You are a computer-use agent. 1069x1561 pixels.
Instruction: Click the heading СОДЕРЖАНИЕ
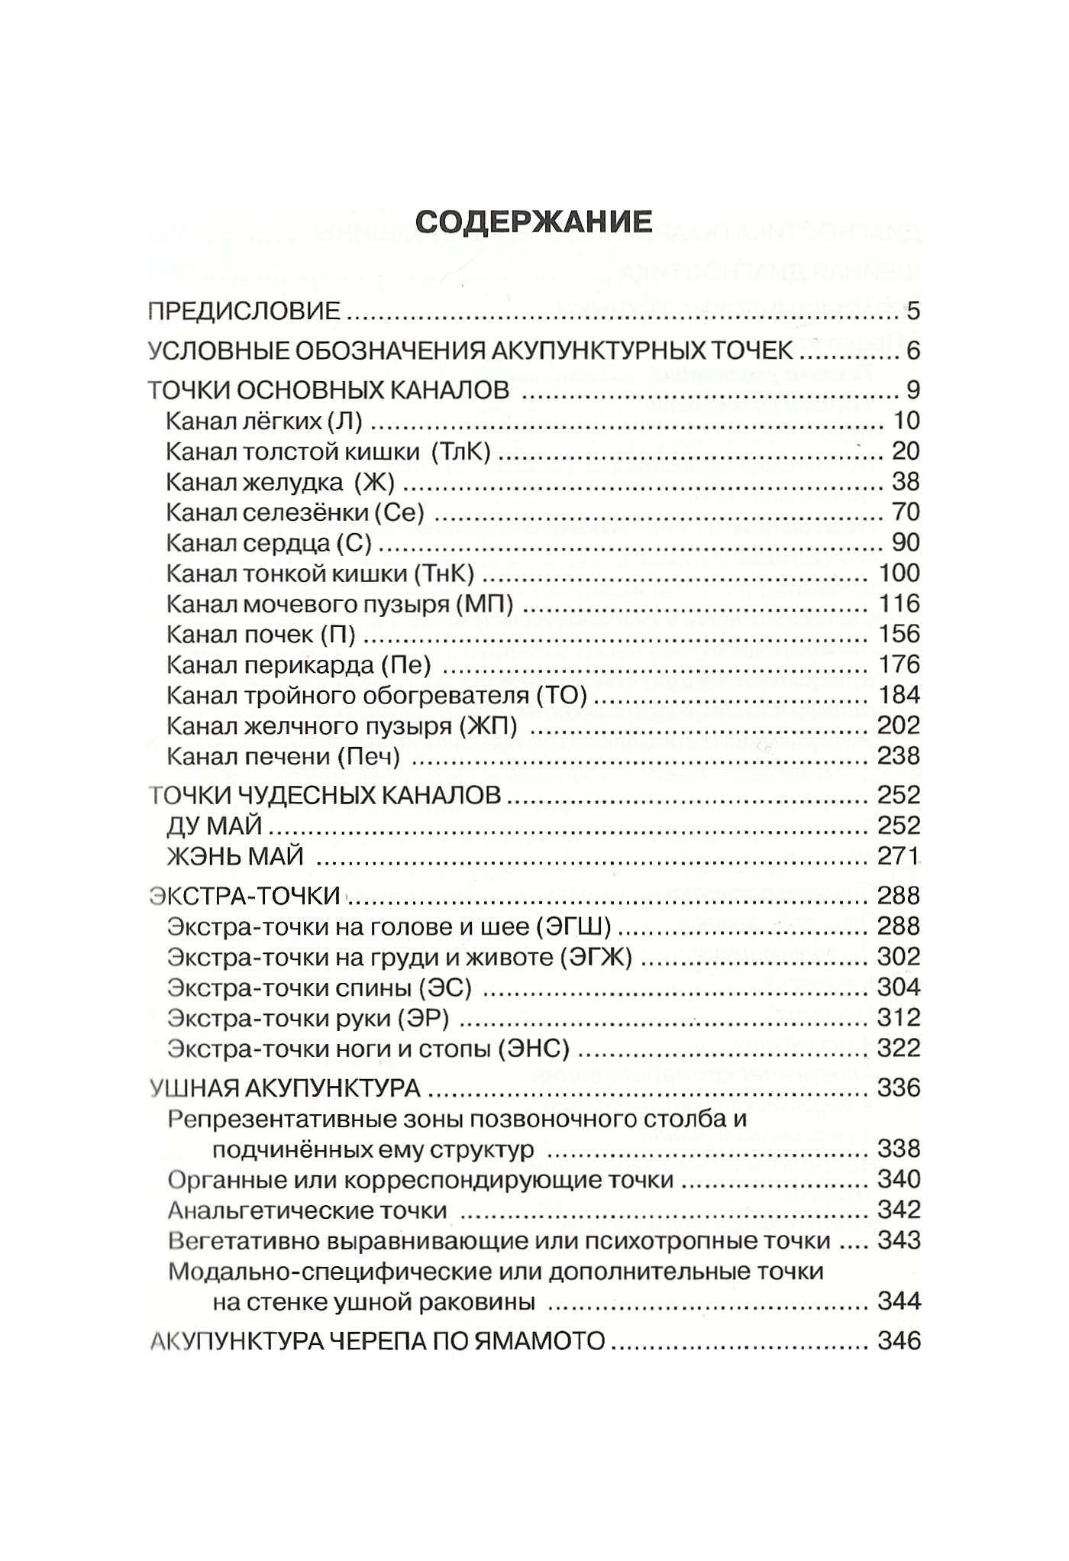[534, 221]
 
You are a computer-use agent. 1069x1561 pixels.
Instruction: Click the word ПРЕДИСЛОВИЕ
[244, 312]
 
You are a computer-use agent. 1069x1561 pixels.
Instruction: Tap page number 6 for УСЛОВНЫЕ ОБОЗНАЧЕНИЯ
[913, 351]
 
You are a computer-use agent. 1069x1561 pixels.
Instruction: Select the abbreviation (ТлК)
[461, 451]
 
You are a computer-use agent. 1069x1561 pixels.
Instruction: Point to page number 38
[906, 482]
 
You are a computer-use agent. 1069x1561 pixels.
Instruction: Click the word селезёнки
[308, 512]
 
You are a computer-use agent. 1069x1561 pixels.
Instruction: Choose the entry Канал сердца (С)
[269, 543]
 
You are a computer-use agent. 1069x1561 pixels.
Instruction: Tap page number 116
[899, 604]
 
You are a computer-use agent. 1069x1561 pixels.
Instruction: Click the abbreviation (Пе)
[405, 665]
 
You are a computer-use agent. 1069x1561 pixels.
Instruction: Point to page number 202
[899, 726]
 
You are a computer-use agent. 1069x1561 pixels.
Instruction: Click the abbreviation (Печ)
[373, 756]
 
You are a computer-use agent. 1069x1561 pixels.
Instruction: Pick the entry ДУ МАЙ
[215, 826]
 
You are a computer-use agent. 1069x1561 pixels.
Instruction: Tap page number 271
[899, 856]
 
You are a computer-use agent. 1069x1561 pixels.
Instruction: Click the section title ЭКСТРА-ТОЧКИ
[244, 896]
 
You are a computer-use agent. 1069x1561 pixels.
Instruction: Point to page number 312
[899, 1018]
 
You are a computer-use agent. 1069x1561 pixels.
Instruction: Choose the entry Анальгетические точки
[307, 1210]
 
